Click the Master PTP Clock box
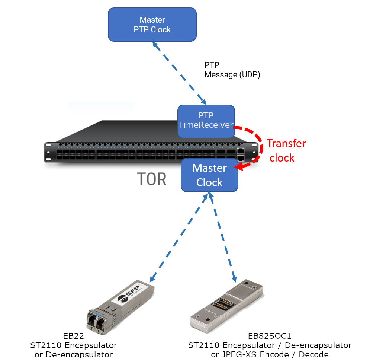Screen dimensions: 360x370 pos(152,25)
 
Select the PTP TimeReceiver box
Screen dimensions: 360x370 pos(206,120)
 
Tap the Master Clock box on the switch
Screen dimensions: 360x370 pos(209,175)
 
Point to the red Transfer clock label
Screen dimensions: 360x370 pos(286,151)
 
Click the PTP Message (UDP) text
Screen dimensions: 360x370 pos(232,70)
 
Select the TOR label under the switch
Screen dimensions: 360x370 pos(152,179)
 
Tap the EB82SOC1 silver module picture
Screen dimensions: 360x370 pos(227,305)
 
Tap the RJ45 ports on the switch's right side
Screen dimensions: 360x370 pos(241,154)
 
